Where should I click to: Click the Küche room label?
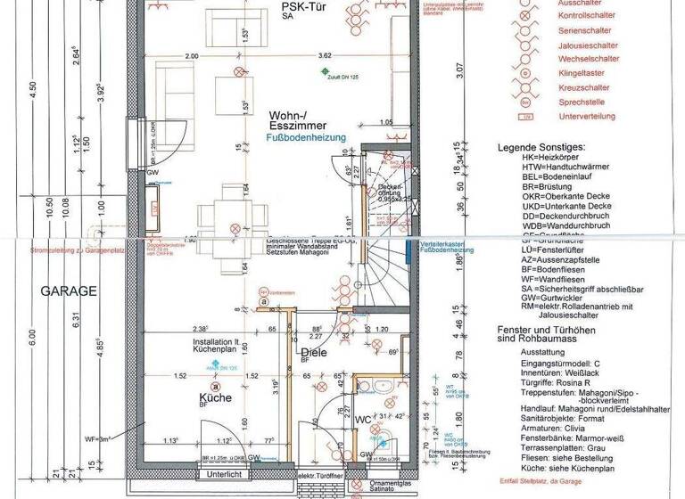[x=216, y=398]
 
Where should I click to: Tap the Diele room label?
[x=313, y=353]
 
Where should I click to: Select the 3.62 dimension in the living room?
[x=325, y=55]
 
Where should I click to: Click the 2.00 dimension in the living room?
[x=192, y=55]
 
